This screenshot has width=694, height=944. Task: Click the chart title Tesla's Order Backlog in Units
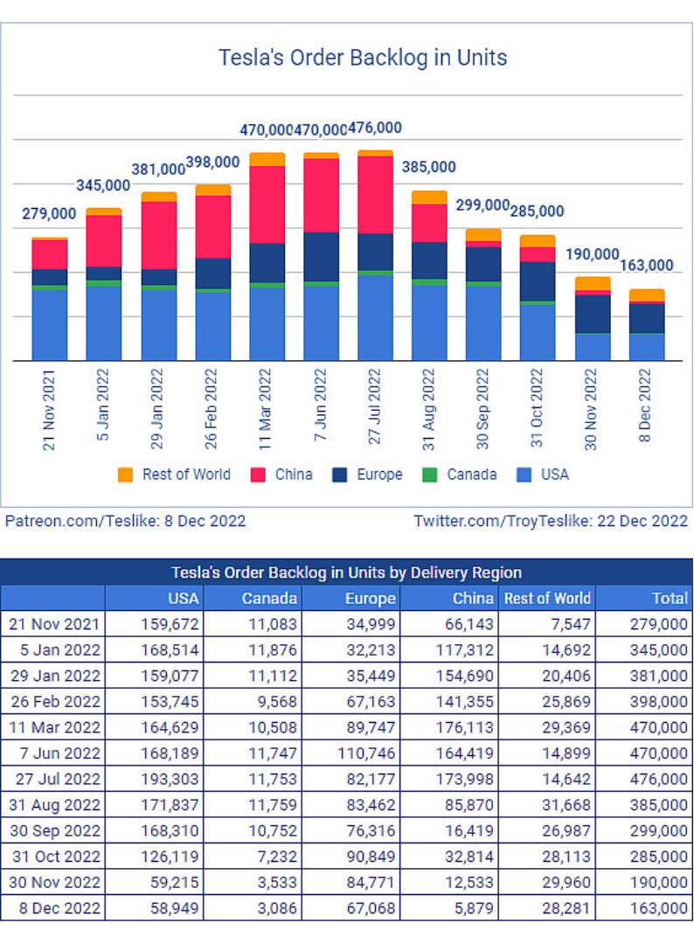(x=363, y=59)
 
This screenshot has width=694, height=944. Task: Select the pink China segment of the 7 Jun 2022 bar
(x=322, y=195)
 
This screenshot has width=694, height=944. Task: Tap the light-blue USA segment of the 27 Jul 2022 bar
(x=376, y=317)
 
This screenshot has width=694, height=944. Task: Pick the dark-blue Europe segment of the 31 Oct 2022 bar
(x=538, y=281)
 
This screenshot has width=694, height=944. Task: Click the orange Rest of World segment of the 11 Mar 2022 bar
(x=267, y=159)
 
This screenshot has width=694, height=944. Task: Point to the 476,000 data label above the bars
(x=375, y=128)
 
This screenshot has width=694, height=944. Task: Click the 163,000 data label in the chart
(x=647, y=266)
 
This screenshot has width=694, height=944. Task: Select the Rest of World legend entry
(x=175, y=475)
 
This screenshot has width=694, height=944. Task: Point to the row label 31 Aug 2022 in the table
(x=54, y=805)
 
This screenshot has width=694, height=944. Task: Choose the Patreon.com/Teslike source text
(x=125, y=521)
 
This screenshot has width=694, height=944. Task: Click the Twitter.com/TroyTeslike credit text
(x=551, y=521)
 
